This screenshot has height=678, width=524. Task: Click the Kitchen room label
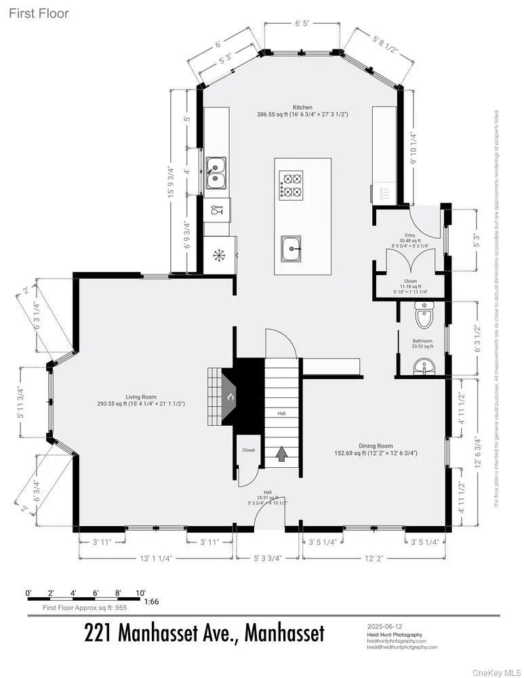[302, 108]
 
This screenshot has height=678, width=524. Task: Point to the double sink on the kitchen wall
[216, 172]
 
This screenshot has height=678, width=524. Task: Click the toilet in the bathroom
[424, 316]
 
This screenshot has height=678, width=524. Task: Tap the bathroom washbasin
[424, 367]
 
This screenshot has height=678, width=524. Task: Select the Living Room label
[141, 397]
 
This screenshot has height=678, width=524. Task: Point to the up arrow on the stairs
[281, 454]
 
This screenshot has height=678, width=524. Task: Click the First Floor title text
[39, 13]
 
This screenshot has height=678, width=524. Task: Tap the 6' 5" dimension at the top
[302, 23]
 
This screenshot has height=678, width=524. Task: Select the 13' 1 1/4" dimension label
[156, 559]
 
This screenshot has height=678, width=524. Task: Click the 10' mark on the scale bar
[140, 593]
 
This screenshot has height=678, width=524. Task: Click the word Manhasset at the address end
[284, 633]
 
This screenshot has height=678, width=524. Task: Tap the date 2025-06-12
[384, 626]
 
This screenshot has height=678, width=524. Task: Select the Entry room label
[410, 234]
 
